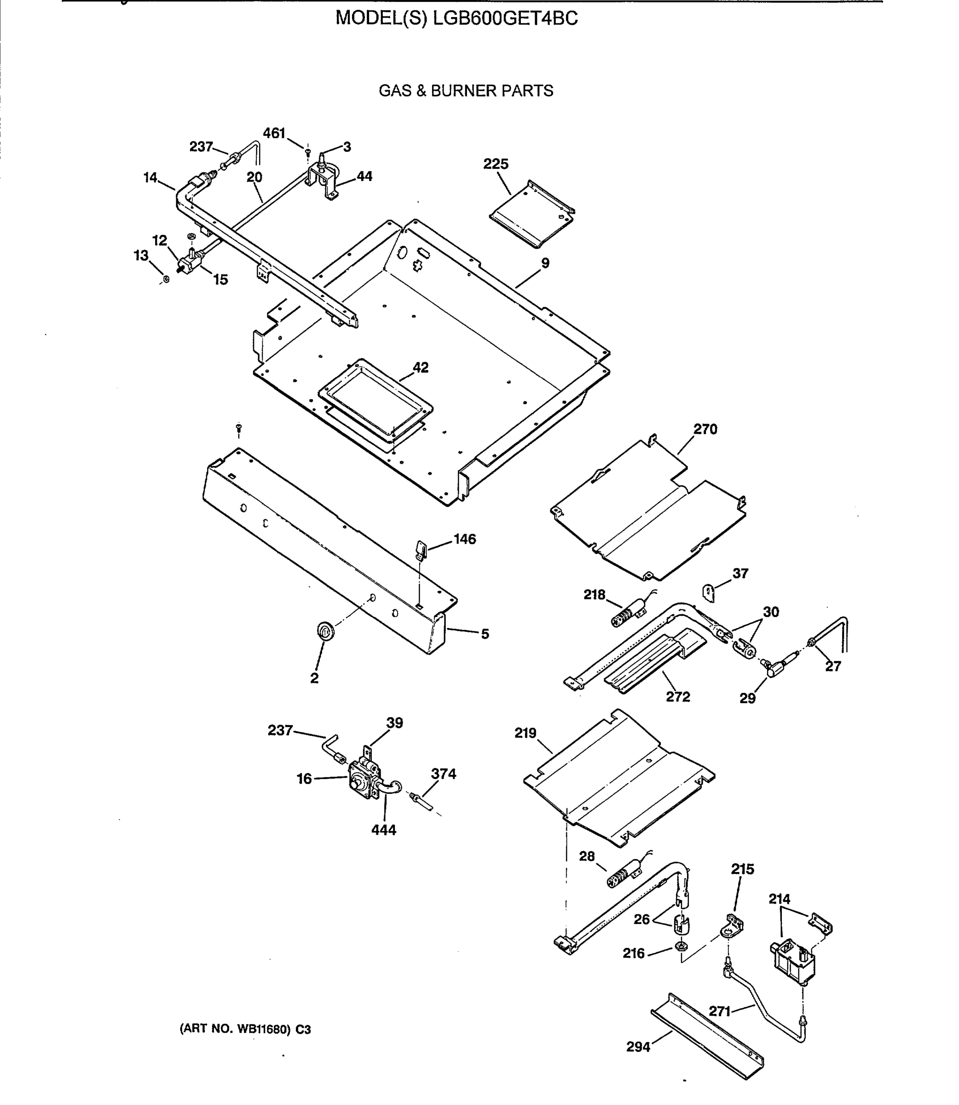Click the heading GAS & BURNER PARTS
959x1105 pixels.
pyautogui.click(x=466, y=91)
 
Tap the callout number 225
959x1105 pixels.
pyautogui.click(x=496, y=164)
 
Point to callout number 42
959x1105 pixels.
pyautogui.click(x=421, y=368)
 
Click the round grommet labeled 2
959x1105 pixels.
pyautogui.click(x=325, y=631)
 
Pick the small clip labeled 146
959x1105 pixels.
pyautogui.click(x=421, y=549)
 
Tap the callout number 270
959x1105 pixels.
pyautogui.click(x=705, y=430)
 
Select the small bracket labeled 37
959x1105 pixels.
pyautogui.click(x=709, y=593)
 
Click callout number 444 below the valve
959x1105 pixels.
pyautogui.click(x=384, y=830)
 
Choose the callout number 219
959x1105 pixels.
pyautogui.click(x=525, y=733)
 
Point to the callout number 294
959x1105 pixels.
pyautogui.click(x=638, y=1047)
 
